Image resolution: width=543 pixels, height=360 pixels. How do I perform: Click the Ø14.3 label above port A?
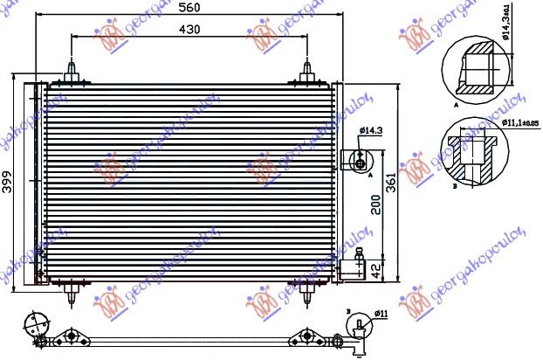point(370,131)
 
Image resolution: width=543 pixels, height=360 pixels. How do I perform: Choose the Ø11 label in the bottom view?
point(381,313)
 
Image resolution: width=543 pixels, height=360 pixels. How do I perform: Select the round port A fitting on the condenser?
point(358,160)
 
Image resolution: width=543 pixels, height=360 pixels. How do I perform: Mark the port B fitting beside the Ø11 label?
point(357,329)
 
